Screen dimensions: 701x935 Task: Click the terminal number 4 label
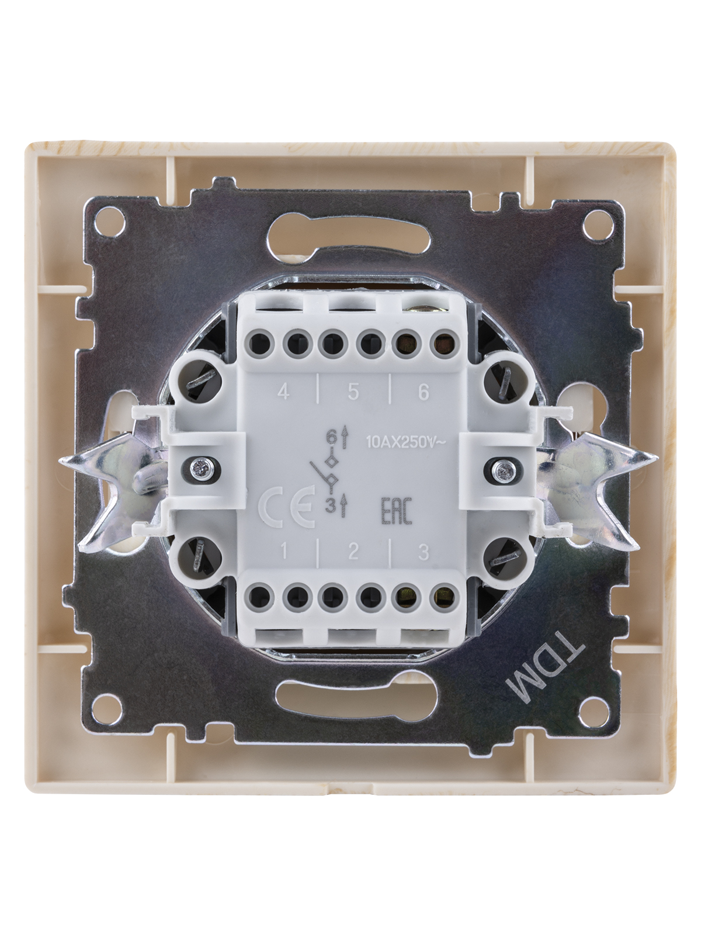point(283,392)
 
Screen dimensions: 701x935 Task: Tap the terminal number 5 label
point(353,392)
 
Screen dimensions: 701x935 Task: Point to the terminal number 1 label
point(284,552)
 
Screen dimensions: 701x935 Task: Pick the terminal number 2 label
point(353,552)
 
